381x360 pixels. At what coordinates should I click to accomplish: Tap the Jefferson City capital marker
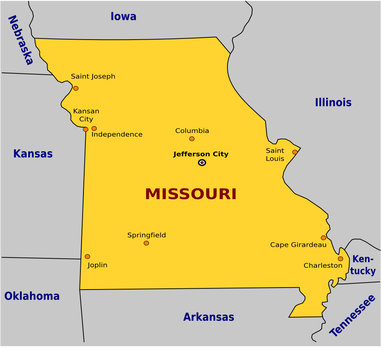(201, 162)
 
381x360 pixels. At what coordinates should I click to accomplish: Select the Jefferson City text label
(201, 153)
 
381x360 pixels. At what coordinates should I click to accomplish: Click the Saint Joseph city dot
(74, 88)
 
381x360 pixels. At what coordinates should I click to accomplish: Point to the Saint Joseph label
(93, 76)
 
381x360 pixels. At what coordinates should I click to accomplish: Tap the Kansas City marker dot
(86, 127)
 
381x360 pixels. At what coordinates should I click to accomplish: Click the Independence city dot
(94, 128)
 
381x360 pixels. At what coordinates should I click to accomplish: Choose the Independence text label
(118, 134)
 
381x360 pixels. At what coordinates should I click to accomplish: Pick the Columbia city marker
(192, 138)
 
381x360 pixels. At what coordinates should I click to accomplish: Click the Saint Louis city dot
(295, 152)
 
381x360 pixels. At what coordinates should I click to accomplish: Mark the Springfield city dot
(146, 243)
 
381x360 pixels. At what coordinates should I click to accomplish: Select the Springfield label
(147, 234)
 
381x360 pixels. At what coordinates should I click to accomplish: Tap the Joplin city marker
(87, 257)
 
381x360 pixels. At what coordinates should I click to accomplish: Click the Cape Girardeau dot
(324, 237)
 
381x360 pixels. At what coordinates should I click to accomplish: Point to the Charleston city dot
(340, 258)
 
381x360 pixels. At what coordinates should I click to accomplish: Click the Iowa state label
(123, 16)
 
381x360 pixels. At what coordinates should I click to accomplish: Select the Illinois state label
(333, 102)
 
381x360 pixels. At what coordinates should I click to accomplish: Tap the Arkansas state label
(208, 317)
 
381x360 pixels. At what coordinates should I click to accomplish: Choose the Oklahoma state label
(31, 296)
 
